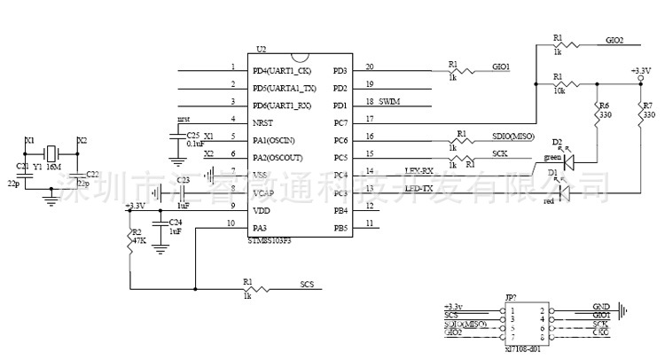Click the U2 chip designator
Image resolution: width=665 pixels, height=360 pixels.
coord(261,49)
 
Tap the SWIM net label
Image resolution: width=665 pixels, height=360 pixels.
coord(389,103)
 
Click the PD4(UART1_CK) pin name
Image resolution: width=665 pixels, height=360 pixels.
coord(282,69)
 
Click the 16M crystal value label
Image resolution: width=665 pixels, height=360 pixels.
coord(52,166)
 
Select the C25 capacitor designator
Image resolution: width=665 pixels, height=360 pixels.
coord(194,134)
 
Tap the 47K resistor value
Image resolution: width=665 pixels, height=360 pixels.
coord(137,240)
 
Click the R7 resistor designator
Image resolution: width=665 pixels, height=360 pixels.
coord(647,106)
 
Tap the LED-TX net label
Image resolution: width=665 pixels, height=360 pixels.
coord(419,188)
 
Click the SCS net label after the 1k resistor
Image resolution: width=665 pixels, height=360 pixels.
coord(307,285)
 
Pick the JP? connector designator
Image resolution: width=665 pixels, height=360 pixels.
coord(510,298)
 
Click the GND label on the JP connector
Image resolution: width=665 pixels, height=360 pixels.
coord(601,307)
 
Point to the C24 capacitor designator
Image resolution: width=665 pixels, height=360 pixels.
coord(176,222)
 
